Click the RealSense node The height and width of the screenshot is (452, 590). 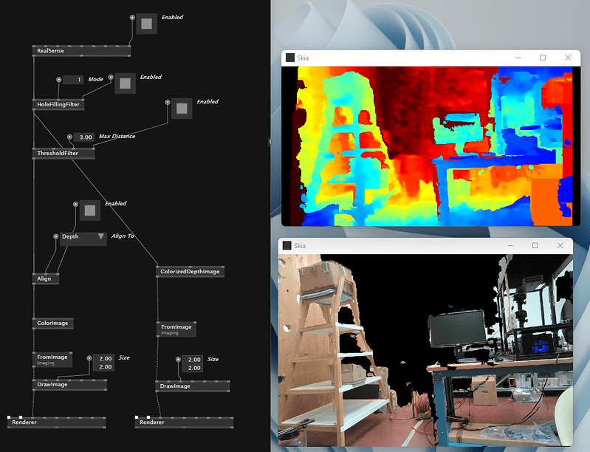[81, 51]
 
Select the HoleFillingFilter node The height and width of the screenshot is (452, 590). [58, 104]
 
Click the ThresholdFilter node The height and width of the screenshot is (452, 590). [64, 153]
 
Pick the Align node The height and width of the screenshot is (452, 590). [46, 278]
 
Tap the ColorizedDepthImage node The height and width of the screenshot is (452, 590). [190, 272]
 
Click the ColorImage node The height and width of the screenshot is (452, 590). [52, 323]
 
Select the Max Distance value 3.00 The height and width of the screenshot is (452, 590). [84, 137]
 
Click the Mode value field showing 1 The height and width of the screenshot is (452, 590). [73, 80]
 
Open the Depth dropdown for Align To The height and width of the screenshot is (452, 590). [83, 237]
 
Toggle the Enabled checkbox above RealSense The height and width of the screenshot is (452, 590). [146, 24]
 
